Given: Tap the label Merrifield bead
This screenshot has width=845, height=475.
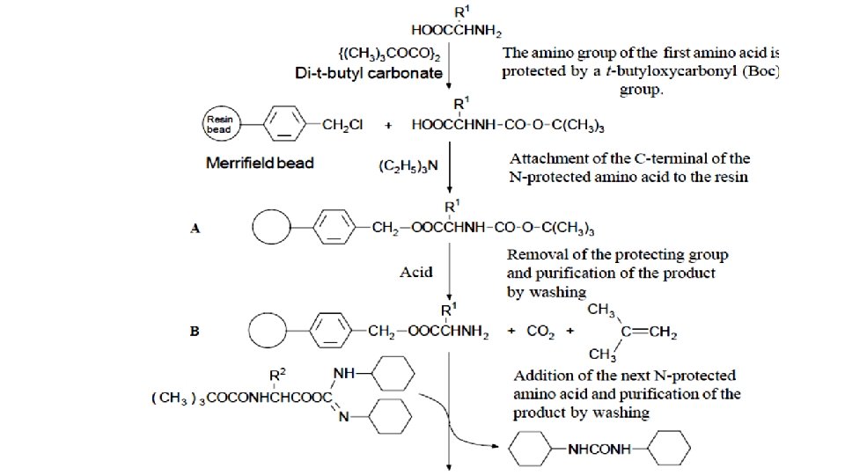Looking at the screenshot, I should coord(260,164).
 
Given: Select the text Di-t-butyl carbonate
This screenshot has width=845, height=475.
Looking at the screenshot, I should coord(368,73).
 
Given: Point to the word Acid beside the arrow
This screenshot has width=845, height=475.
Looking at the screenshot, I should coord(415,272).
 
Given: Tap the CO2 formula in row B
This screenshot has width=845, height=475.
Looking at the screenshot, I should coord(539,332).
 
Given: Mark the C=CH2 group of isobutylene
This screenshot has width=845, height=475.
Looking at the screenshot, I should coord(652,332).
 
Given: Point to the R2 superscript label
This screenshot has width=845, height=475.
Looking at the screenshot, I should coord(276,375).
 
